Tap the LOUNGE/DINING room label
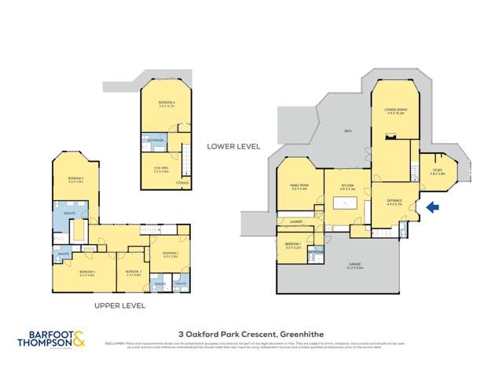pos(395,112)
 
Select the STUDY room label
pos(437,171)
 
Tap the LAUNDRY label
pos(295,221)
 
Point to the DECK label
pos(346,131)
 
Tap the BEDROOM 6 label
pos(166,103)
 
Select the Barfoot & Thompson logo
pos(52,339)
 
